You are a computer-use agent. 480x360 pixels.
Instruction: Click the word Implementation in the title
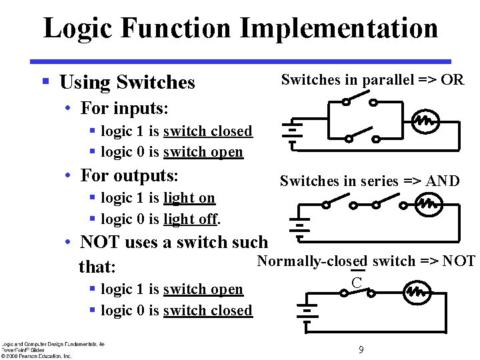click(x=339, y=28)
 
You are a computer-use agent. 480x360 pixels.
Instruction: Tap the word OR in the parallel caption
click(x=453, y=80)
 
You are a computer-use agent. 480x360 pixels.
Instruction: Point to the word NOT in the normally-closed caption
click(x=460, y=261)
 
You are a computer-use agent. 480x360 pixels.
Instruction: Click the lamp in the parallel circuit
click(x=425, y=122)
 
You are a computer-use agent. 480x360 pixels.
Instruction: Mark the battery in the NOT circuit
click(x=307, y=313)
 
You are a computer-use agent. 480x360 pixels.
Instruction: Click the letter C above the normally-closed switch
click(x=357, y=281)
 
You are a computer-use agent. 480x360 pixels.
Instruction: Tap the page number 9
click(x=361, y=349)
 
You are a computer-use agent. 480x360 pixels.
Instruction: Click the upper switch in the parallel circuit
click(x=359, y=100)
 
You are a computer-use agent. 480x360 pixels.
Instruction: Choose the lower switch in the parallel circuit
click(x=361, y=137)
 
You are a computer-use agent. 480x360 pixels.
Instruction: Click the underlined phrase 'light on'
click(x=189, y=198)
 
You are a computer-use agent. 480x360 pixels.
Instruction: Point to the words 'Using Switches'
click(x=127, y=83)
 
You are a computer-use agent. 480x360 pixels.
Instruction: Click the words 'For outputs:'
click(x=129, y=175)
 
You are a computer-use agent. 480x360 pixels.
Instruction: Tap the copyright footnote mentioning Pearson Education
click(x=37, y=356)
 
